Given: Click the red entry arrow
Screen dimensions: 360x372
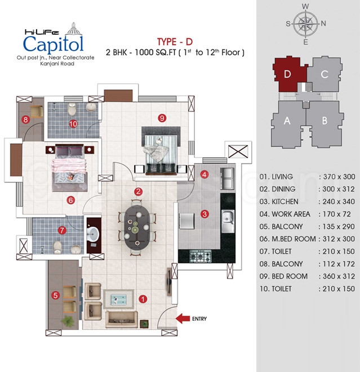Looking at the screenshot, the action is pyautogui.click(x=183, y=319).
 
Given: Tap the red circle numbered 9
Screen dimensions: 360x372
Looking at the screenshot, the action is pyautogui.click(x=162, y=118).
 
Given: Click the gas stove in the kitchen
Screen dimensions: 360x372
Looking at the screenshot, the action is pyautogui.click(x=200, y=256).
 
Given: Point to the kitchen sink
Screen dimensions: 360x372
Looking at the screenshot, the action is pyautogui.click(x=228, y=222).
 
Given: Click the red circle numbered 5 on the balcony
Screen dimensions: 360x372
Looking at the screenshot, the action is pyautogui.click(x=55, y=295).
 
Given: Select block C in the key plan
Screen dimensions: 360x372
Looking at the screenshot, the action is pyautogui.click(x=325, y=74).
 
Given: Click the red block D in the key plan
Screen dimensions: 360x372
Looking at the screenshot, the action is pyautogui.click(x=289, y=74).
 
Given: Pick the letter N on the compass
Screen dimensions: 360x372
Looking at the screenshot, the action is pyautogui.click(x=323, y=23).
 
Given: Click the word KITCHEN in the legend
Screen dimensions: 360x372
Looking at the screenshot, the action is pyautogui.click(x=285, y=201).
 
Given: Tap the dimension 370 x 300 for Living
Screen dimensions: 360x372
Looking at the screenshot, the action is pyautogui.click(x=339, y=177).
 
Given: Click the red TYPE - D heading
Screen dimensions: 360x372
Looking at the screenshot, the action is pyautogui.click(x=175, y=42).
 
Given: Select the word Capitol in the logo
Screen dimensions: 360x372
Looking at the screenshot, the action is pyautogui.click(x=53, y=44).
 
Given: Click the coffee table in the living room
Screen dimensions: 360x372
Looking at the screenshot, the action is pyautogui.click(x=118, y=299).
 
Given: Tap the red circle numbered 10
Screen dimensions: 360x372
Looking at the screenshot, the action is pyautogui.click(x=73, y=124).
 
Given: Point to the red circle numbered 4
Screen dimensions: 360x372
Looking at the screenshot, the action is pyautogui.click(x=205, y=174).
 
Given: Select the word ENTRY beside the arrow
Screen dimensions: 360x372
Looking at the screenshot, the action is pyautogui.click(x=199, y=319).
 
